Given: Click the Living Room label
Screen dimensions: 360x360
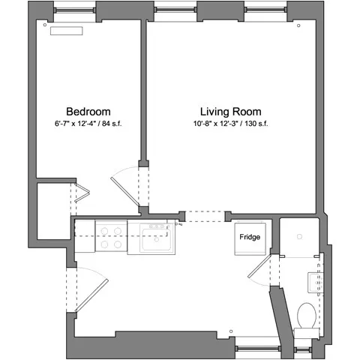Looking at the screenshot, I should click(231, 109).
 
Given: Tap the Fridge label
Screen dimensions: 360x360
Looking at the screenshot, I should click(250, 237).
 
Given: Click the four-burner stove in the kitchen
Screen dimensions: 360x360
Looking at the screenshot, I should click(112, 238).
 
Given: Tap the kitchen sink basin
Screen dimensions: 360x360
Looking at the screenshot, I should click(155, 240).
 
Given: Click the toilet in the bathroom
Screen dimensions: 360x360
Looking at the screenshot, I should click(307, 315).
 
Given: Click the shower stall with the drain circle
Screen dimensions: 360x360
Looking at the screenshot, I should click(299, 236).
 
